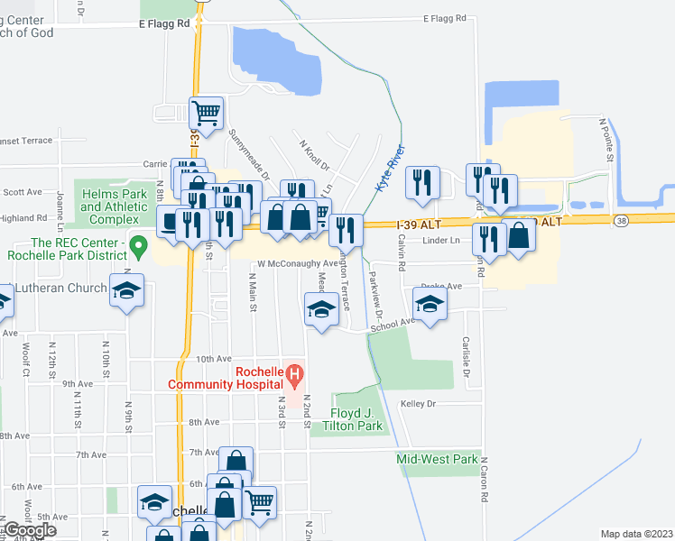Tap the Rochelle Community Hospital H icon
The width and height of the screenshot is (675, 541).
[x=293, y=371]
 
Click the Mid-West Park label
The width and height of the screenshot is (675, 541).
[x=438, y=459]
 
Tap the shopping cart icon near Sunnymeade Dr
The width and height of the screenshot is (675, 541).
[x=207, y=113]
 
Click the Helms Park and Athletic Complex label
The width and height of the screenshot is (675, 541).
[x=114, y=206]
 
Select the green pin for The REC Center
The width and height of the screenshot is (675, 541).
[x=138, y=243]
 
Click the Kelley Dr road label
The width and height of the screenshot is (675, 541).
[x=418, y=404]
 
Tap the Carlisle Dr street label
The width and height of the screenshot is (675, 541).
[x=467, y=357]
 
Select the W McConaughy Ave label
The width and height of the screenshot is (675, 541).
[x=297, y=264]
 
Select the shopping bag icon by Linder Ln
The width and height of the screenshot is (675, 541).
[x=519, y=235]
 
